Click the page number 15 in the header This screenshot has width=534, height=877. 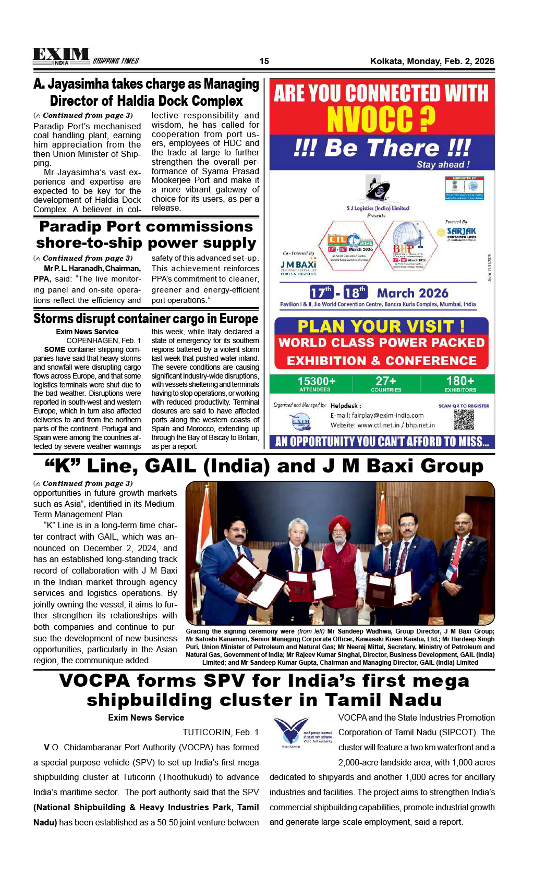coord(264,61)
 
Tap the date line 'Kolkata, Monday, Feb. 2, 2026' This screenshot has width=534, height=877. coord(432,61)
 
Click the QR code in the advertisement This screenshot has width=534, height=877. coord(463,419)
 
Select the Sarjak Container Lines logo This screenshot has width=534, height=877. coord(462,233)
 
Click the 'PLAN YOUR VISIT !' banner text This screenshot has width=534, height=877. coord(381,326)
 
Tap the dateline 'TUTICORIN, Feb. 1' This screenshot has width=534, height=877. coord(221,732)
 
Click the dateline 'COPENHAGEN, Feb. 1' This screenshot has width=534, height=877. coord(103,340)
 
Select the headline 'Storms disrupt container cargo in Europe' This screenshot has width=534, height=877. coord(146,319)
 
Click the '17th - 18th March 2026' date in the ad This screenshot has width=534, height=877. coord(379,293)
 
